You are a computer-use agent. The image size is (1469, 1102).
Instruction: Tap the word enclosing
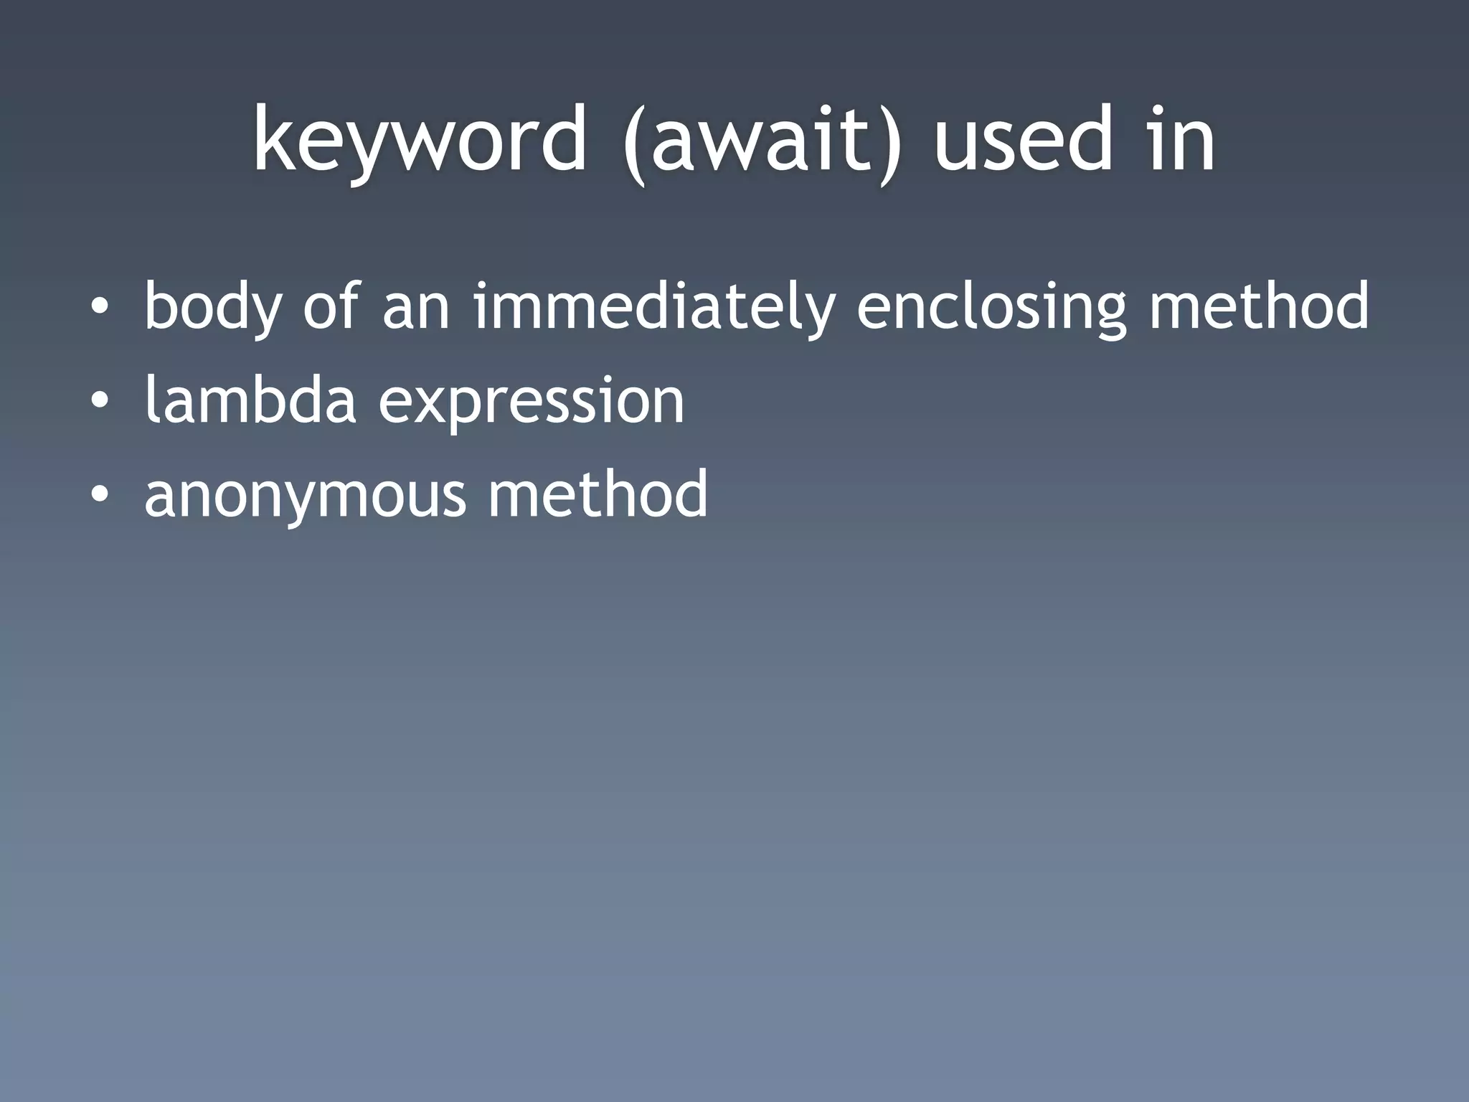pyautogui.click(x=992, y=307)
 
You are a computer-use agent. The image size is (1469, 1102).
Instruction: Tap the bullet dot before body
pyautogui.click(x=100, y=307)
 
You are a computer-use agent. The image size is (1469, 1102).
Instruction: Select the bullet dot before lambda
pyautogui.click(x=100, y=400)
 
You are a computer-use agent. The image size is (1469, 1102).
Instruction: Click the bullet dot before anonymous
pyautogui.click(x=100, y=494)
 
